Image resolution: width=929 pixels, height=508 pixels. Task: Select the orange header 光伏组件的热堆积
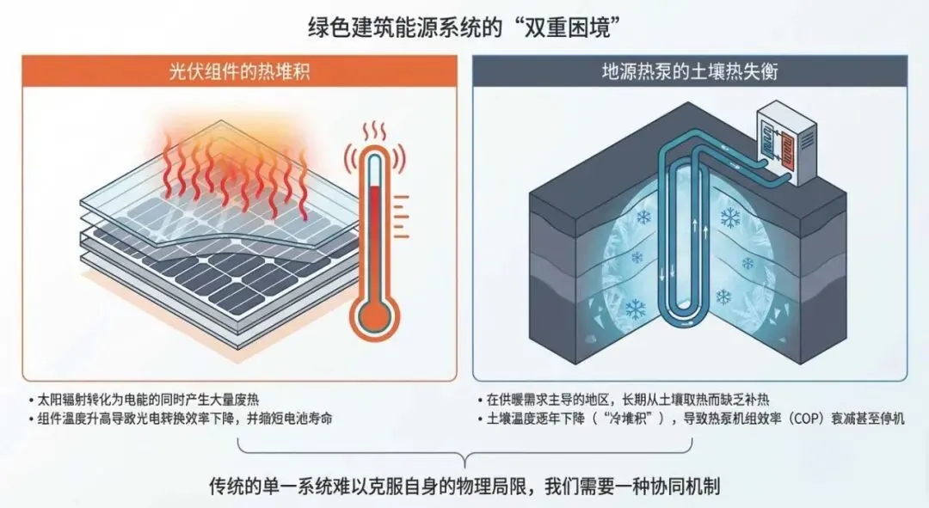(238, 72)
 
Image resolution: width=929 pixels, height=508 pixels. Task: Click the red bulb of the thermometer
(375, 318)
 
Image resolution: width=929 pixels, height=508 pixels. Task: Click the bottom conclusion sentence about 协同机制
(464, 486)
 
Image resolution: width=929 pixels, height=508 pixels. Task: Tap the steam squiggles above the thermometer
(374, 133)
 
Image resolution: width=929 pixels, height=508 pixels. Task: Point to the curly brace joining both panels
(464, 452)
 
